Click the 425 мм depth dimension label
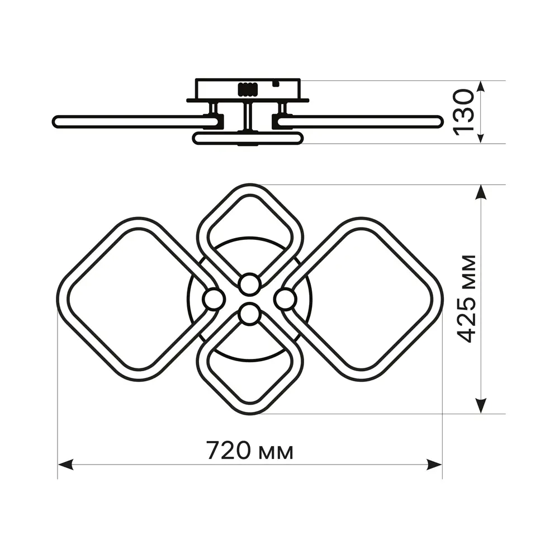(x=467, y=299)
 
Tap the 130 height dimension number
(x=463, y=113)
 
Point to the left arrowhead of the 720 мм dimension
(x=65, y=465)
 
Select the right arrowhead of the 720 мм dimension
(x=434, y=465)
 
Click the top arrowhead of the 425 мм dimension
(x=481, y=192)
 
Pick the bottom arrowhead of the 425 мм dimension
(x=481, y=406)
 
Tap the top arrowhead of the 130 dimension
(x=481, y=86)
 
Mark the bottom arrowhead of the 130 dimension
(x=481, y=138)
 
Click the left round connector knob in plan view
(x=214, y=299)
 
